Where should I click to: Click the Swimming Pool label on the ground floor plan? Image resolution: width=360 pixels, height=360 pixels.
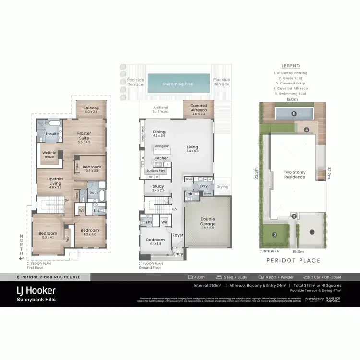178,84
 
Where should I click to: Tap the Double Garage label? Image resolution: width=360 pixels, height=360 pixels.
207,221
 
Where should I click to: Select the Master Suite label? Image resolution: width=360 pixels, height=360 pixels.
84,137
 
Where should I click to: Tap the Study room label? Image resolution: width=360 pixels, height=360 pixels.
158,188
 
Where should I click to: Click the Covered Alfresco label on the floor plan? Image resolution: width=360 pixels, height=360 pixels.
199,108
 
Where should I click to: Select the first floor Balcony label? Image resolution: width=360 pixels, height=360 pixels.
91,108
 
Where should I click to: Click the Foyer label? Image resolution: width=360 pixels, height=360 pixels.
178,235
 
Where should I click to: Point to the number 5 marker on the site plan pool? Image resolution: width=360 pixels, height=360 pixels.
294,114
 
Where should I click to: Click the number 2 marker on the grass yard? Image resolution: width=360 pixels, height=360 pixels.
274,235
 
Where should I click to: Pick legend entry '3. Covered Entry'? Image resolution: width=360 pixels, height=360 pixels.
290,83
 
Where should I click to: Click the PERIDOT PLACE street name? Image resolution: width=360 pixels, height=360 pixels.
292,261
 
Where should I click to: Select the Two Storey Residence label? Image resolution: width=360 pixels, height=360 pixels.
295,174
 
